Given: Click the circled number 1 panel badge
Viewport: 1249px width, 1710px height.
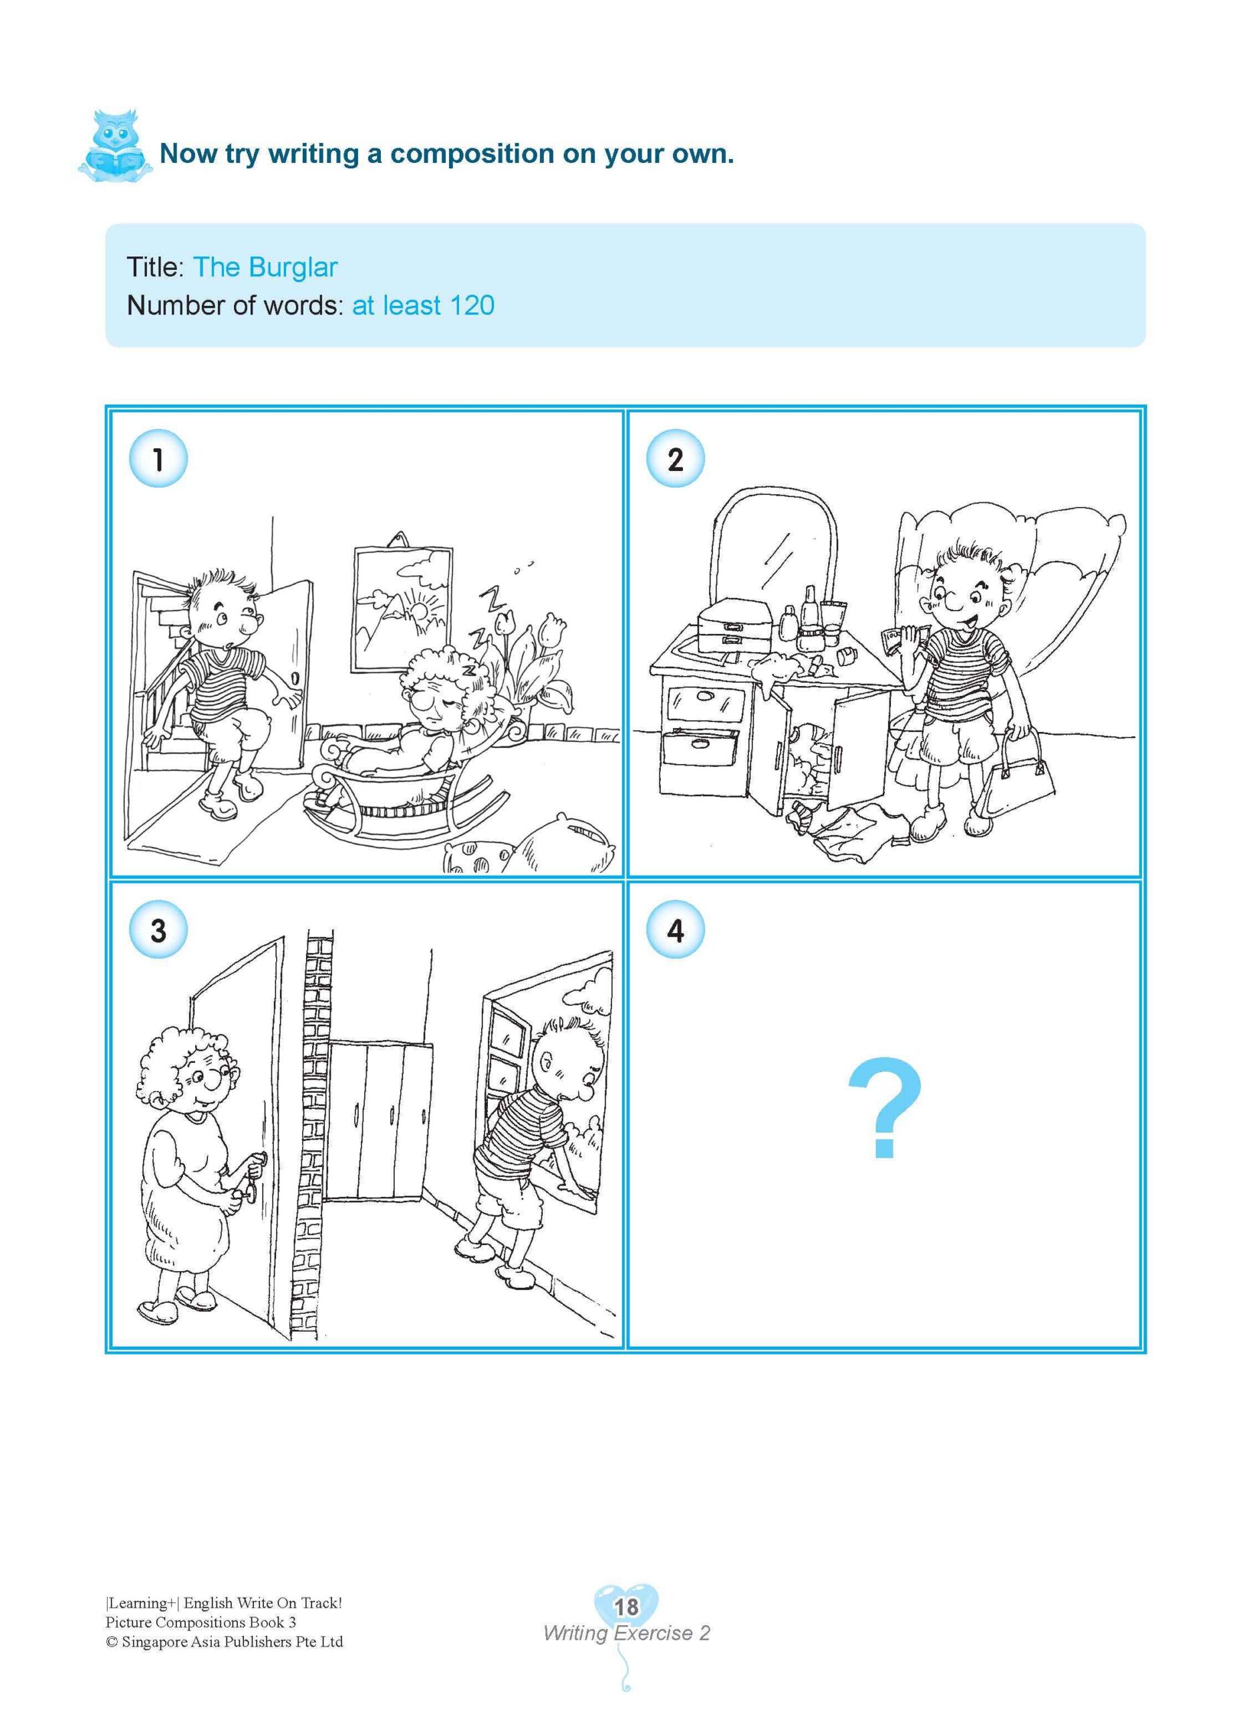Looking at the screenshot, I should click(158, 460).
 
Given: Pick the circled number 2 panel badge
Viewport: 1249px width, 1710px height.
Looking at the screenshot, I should click(675, 460).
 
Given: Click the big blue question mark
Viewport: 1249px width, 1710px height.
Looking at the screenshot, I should click(884, 1109).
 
